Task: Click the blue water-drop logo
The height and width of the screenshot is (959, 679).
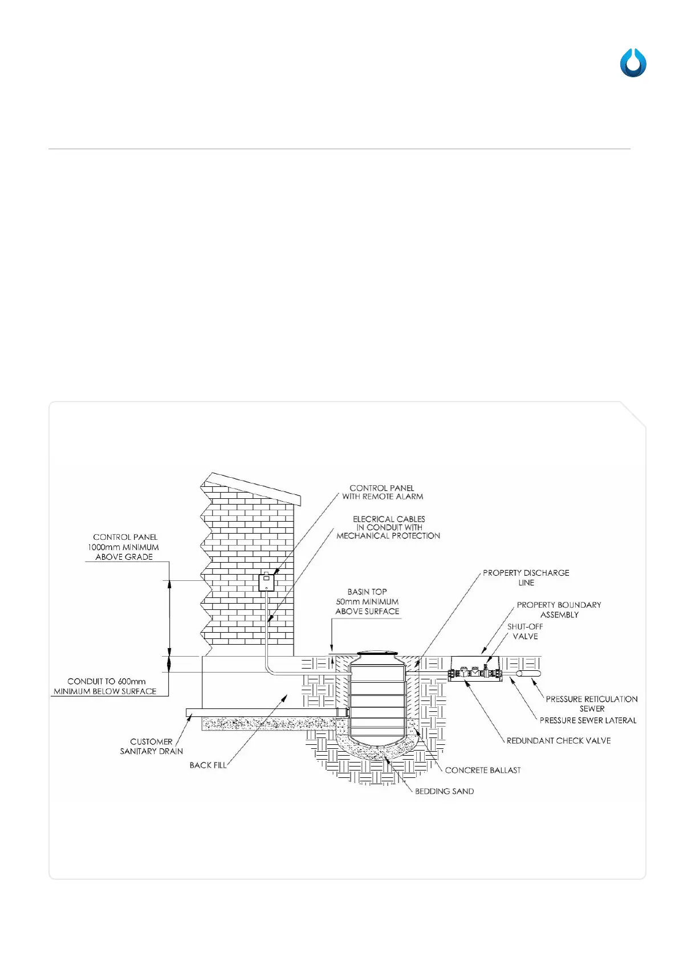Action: [633, 63]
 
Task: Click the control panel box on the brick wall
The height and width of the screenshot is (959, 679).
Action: [266, 583]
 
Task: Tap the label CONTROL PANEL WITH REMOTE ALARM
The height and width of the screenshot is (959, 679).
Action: [383, 492]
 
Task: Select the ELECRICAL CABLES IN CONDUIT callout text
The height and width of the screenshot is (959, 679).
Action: [389, 527]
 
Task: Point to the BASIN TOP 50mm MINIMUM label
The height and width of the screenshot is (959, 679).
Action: [367, 601]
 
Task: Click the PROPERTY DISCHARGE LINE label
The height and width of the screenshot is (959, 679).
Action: [526, 577]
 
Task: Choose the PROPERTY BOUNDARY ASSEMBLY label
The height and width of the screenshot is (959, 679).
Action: [559, 609]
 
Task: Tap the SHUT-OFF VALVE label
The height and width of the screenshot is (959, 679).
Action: [525, 631]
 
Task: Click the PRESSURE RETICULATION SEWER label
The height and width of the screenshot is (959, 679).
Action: [592, 703]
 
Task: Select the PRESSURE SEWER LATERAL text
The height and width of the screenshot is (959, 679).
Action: [588, 720]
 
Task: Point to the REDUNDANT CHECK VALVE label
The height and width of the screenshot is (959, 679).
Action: [558, 740]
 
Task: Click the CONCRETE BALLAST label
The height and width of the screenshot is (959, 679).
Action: [483, 770]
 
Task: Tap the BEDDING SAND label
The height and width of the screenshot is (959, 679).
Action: [444, 791]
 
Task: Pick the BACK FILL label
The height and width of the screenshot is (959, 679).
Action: [208, 765]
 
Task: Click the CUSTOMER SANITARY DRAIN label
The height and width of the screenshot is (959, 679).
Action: [151, 746]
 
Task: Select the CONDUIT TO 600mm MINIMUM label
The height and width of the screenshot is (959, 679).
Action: [105, 686]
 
